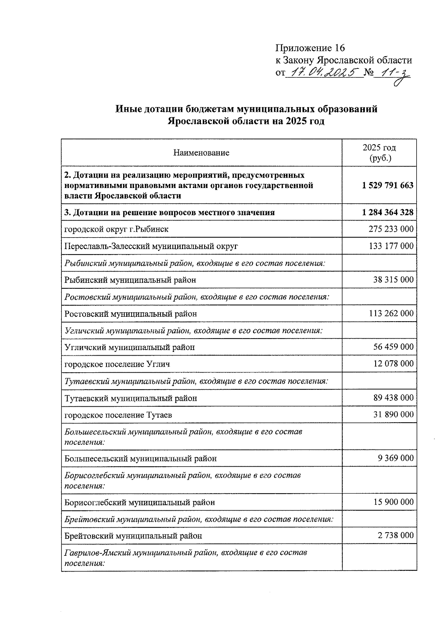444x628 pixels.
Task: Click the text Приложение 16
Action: click(310, 48)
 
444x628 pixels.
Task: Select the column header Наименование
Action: click(201, 152)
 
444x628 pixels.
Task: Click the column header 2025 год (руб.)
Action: click(379, 152)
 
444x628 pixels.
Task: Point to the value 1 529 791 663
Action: click(388, 185)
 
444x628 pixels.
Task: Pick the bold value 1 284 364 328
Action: click(388, 212)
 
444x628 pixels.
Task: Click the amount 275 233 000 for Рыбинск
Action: click(391, 229)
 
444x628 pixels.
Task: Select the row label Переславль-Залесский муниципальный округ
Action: click(151, 246)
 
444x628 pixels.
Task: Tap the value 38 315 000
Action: click(393, 280)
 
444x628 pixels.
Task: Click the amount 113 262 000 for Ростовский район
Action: click(391, 313)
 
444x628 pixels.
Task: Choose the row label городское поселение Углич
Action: click(117, 364)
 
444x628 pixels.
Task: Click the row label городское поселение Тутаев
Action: click(118, 415)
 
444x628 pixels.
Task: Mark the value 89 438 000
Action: click(393, 398)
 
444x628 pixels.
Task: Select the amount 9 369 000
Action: click(396, 458)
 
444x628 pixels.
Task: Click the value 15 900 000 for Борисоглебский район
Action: click(393, 502)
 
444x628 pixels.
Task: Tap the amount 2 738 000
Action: click(396, 535)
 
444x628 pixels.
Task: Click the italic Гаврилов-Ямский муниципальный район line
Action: click(185, 553)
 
